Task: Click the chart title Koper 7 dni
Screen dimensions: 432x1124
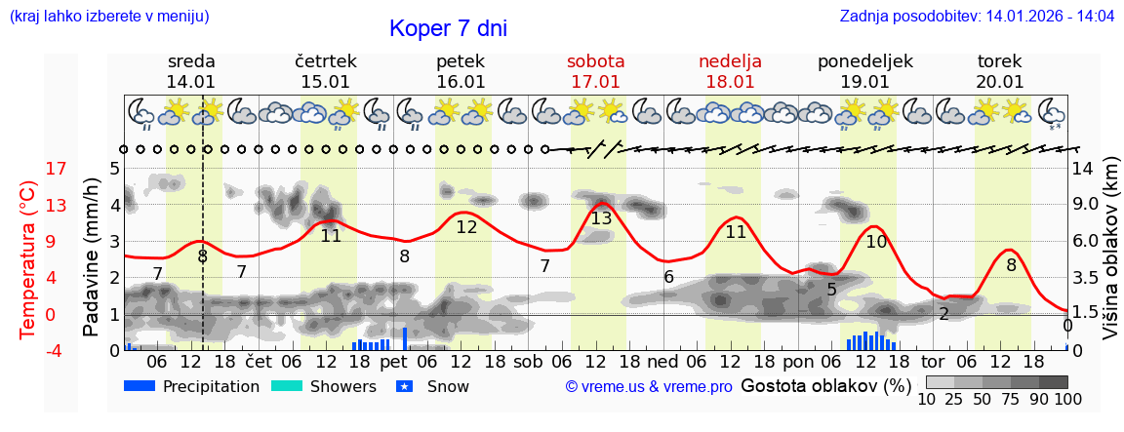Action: (x=448, y=28)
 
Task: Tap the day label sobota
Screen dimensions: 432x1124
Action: (x=595, y=61)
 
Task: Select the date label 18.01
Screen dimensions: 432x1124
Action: (x=730, y=82)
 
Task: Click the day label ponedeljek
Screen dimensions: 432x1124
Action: (x=864, y=61)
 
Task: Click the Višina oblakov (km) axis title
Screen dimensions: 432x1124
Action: (x=1110, y=251)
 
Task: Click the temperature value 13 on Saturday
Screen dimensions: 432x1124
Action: (x=601, y=218)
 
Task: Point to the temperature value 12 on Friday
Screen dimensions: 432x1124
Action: (x=466, y=227)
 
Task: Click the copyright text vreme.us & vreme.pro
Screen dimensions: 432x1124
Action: (x=649, y=387)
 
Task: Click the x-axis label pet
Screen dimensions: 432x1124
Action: (x=393, y=360)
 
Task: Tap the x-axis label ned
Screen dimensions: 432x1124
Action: (x=662, y=360)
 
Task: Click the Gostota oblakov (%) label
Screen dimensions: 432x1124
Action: (x=825, y=385)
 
